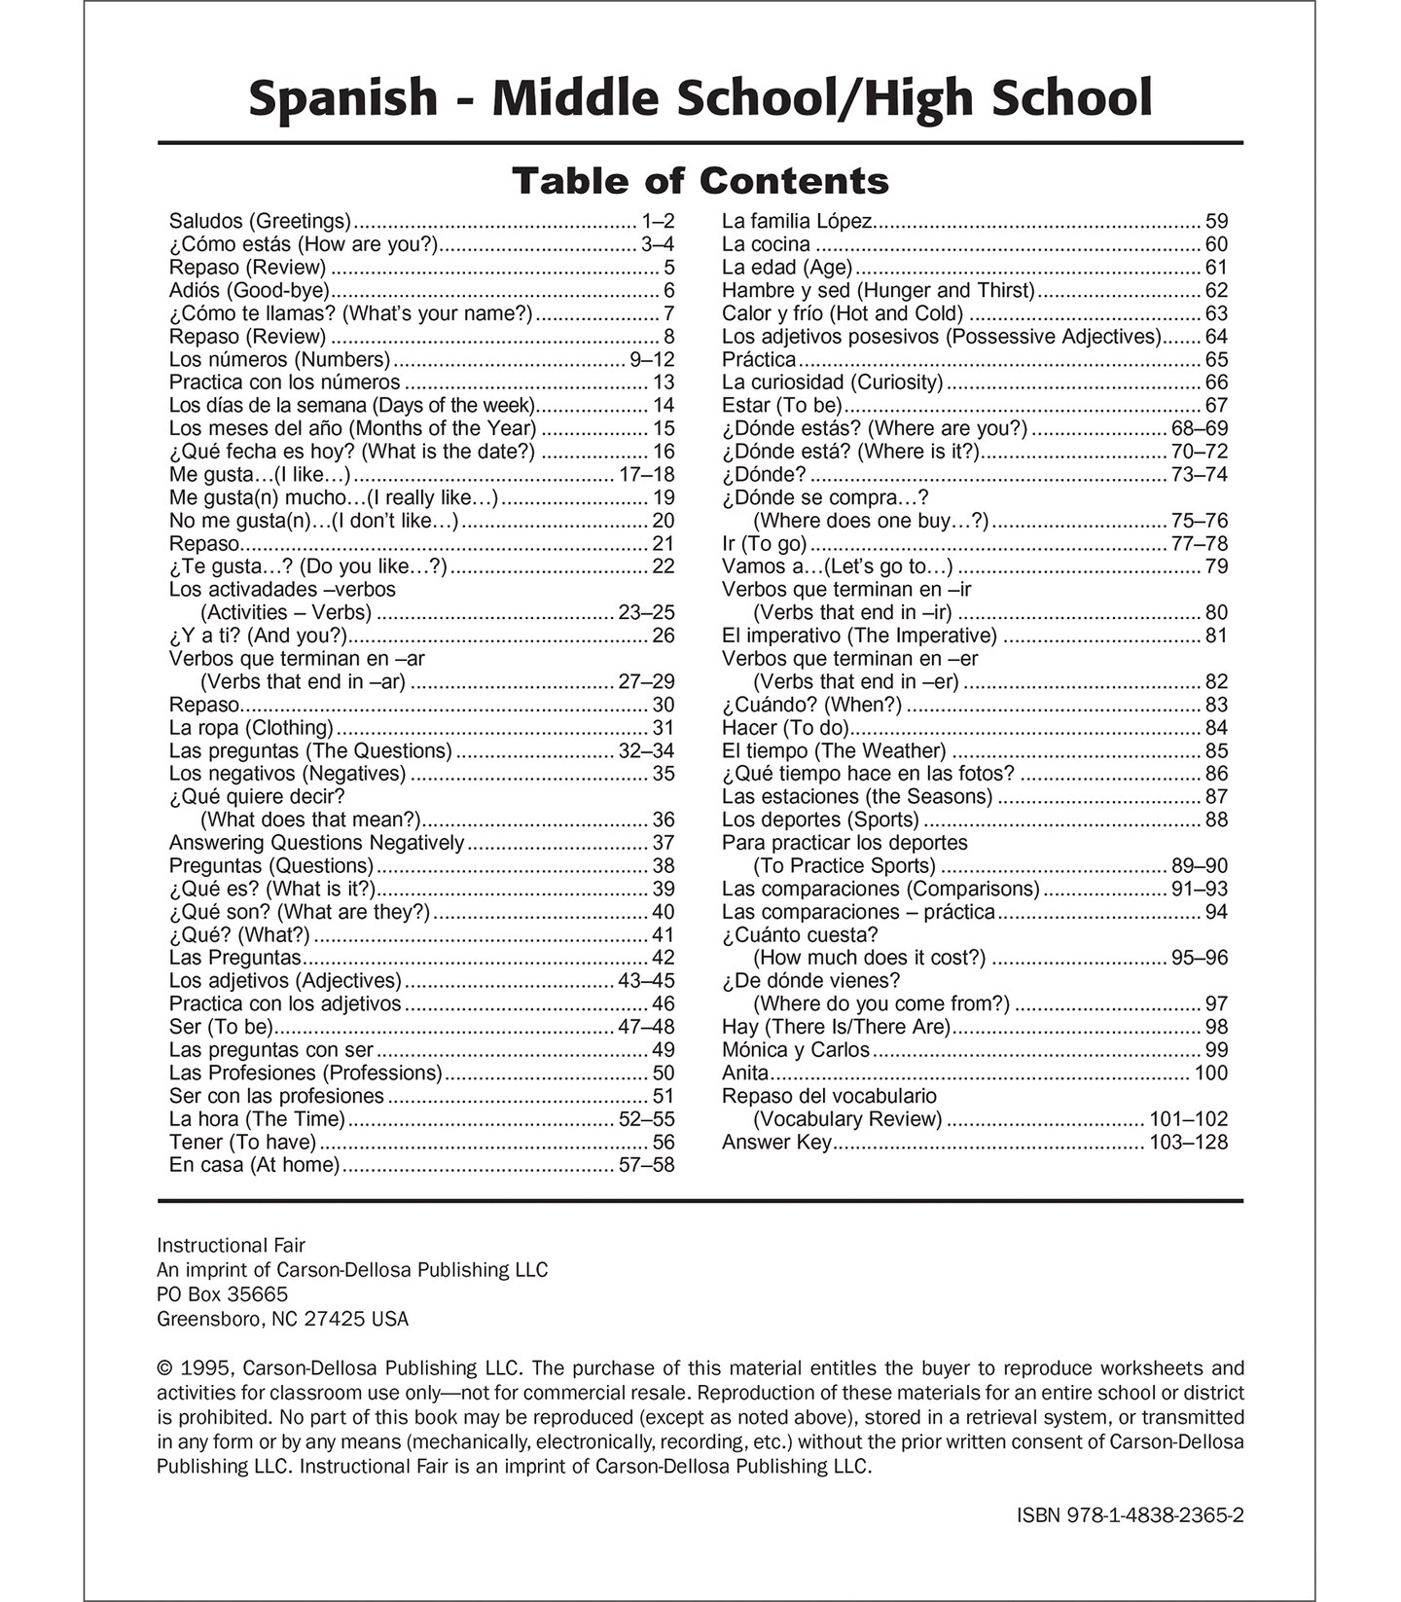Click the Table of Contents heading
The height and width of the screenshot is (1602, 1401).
[700, 181]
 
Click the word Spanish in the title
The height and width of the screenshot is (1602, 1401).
[343, 98]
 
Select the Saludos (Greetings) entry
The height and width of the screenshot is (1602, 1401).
[260, 221]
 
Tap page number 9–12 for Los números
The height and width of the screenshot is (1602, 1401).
[652, 359]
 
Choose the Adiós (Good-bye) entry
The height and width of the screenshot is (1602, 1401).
[249, 290]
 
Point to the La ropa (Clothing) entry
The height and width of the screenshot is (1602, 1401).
[251, 728]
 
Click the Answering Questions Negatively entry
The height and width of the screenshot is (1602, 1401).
[316, 843]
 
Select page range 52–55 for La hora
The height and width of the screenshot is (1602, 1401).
[646, 1119]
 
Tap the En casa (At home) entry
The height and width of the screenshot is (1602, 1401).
[254, 1165]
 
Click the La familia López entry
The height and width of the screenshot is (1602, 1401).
[797, 221]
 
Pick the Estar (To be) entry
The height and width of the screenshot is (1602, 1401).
[781, 405]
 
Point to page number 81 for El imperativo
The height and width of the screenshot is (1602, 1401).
[1216, 636]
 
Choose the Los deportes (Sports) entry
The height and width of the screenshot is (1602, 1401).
[820, 819]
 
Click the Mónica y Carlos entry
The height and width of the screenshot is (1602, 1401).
[795, 1050]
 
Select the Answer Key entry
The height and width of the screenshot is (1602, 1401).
[776, 1143]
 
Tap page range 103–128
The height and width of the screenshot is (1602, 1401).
[1188, 1143]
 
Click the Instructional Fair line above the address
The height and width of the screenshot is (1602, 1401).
[231, 1246]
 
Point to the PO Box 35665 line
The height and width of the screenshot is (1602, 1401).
[222, 1294]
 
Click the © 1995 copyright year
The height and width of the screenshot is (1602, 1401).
[202, 1368]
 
